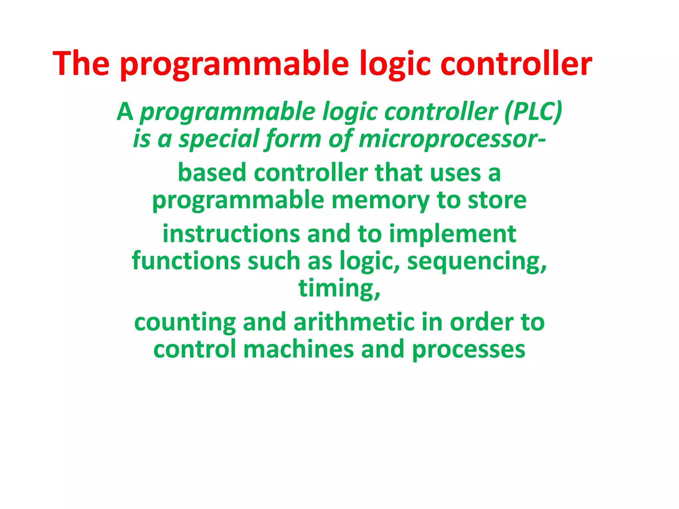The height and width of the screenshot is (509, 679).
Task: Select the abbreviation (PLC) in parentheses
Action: (x=533, y=112)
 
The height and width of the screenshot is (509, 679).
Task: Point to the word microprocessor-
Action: (x=452, y=139)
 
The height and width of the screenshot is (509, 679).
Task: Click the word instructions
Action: (x=231, y=234)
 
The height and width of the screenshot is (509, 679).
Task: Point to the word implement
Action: (x=453, y=234)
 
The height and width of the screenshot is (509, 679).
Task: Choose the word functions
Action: (x=186, y=261)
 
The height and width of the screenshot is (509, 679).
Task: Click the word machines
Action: (x=298, y=350)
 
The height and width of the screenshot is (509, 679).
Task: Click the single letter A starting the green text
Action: (x=125, y=112)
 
